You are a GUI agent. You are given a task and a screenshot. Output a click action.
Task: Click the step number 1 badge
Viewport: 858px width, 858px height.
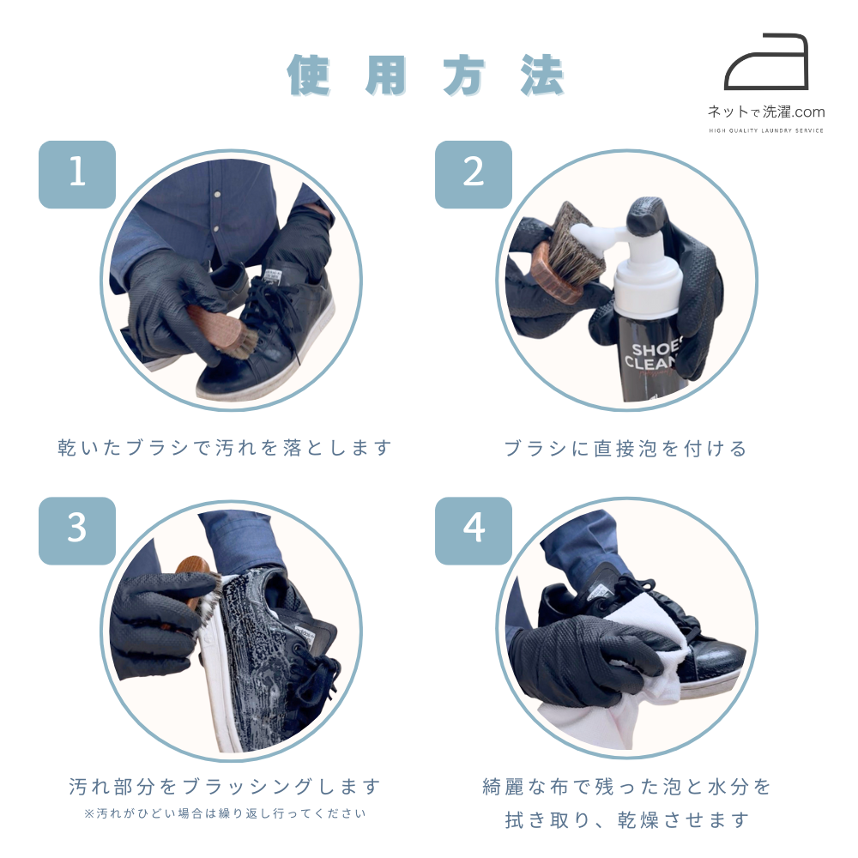point(77,174)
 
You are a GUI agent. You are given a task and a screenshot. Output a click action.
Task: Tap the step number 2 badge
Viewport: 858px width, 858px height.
point(474,174)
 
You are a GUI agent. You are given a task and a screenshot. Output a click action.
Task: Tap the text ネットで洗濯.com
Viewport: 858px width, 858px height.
point(766,112)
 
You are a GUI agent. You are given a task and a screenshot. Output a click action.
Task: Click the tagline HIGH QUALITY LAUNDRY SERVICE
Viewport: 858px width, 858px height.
point(766,130)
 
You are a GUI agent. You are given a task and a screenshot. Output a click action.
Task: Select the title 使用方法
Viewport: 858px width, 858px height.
point(426,76)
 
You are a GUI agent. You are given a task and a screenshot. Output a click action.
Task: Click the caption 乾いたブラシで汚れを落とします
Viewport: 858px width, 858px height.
point(225,448)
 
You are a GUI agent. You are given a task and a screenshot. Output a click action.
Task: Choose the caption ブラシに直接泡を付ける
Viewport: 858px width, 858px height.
point(625,449)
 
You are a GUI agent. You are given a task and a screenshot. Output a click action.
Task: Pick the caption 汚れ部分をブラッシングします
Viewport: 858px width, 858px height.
point(225,787)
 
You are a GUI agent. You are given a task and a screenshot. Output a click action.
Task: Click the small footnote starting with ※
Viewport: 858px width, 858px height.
point(225,813)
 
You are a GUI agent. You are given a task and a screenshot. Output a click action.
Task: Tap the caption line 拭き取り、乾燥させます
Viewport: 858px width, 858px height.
point(627,820)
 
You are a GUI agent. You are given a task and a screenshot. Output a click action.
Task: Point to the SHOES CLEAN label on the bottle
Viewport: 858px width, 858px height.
point(652,356)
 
